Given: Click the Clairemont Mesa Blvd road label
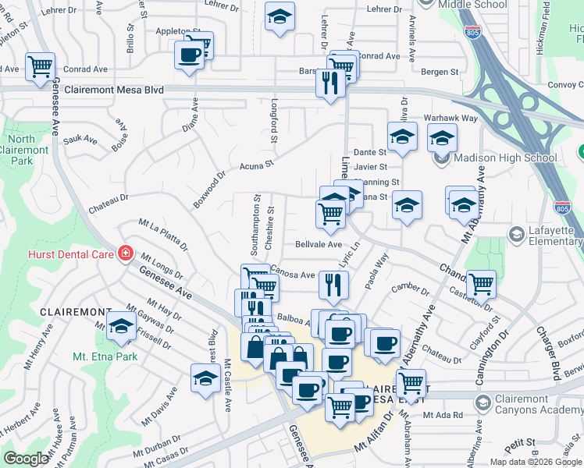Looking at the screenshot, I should [x=114, y=90].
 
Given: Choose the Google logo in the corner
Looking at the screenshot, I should [x=26, y=459].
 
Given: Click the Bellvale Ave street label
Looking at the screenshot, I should [x=319, y=244].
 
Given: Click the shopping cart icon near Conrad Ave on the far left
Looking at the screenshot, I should [x=40, y=66].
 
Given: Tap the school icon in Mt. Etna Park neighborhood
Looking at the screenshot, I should [x=121, y=328].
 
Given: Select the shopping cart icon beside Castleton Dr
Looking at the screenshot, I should [x=480, y=284].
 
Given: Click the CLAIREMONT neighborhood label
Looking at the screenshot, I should [x=76, y=311].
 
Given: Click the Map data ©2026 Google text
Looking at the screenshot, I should [x=535, y=462].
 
